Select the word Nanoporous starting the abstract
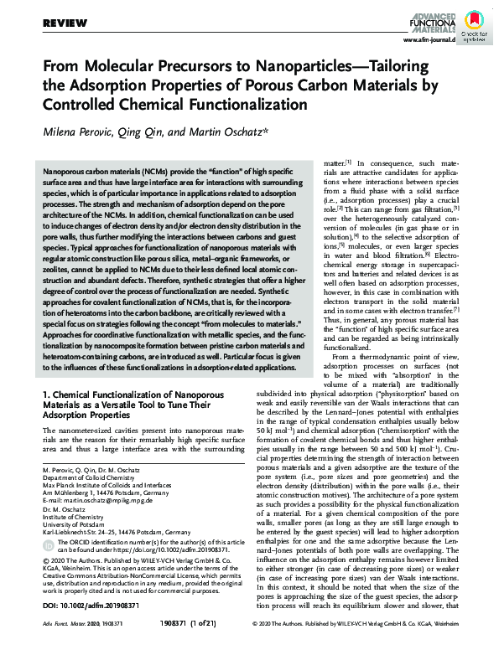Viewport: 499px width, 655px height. pos(62,169)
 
